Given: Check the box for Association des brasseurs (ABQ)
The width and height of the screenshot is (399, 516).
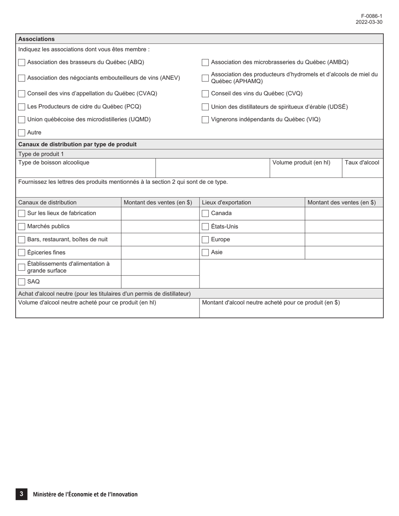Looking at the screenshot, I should pyautogui.click(x=21, y=63).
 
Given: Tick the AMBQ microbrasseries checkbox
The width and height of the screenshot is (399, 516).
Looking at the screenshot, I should pyautogui.click(x=205, y=63).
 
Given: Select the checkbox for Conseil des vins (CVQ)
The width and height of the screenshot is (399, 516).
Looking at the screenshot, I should pyautogui.click(x=205, y=94).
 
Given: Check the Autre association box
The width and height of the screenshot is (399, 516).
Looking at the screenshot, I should pyautogui.click(x=21, y=133).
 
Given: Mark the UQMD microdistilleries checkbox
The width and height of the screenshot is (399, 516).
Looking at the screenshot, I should pyautogui.click(x=21, y=120).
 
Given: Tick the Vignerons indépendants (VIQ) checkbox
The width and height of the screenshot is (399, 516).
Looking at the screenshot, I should pyautogui.click(x=205, y=120).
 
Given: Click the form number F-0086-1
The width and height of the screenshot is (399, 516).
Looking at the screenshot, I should pyautogui.click(x=372, y=16).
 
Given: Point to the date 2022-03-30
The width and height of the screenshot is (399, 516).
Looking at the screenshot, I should pyautogui.click(x=369, y=22).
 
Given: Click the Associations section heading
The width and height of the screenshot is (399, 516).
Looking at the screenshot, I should pyautogui.click(x=37, y=39).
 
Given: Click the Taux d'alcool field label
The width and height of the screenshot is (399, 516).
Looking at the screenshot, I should pyautogui.click(x=362, y=163).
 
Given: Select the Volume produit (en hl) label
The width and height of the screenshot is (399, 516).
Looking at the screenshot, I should pyautogui.click(x=301, y=163).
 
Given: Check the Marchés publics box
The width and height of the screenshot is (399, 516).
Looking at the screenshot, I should pyautogui.click(x=21, y=227).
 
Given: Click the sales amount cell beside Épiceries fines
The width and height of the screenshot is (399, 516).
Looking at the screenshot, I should pyautogui.click(x=160, y=253).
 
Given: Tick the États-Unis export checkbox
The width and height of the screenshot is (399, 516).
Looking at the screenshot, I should pyautogui.click(x=205, y=227).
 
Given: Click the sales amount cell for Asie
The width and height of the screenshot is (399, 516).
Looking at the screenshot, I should pyautogui.click(x=344, y=253).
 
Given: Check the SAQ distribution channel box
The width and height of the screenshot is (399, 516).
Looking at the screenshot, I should pyautogui.click(x=21, y=282).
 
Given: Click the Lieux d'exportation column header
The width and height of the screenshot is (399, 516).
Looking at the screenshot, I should pyautogui.click(x=226, y=202).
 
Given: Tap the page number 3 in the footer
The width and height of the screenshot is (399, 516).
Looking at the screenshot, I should pyautogui.click(x=21, y=494).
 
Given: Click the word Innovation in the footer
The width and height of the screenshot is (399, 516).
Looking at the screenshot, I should pyautogui.click(x=123, y=494).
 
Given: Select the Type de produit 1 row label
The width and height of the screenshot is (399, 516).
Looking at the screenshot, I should pyautogui.click(x=41, y=154).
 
